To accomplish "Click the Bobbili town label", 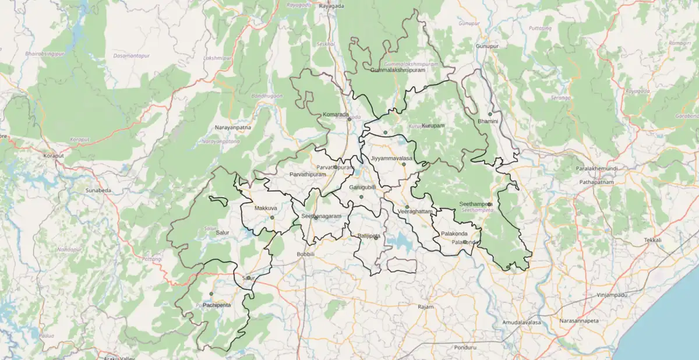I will (305, 255).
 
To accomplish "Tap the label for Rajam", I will (426, 306).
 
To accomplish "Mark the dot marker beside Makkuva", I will (272, 218).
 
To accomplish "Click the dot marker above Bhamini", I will (490, 114).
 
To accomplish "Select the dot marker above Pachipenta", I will (211, 294).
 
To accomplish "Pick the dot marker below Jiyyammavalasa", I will (404, 164).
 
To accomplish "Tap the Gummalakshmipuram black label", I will (398, 70).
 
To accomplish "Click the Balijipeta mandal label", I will (369, 236).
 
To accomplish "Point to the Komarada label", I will (336, 115).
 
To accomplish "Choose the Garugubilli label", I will (362, 188).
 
